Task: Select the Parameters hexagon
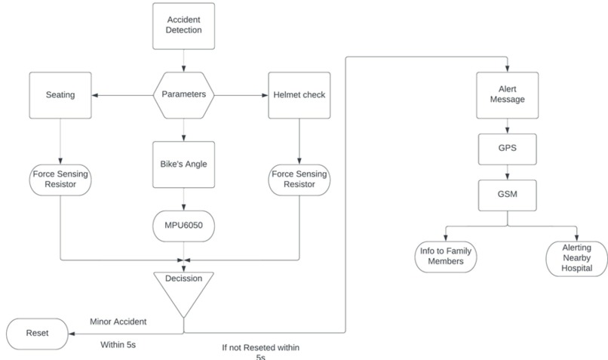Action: (184, 95)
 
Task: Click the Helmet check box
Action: (299, 95)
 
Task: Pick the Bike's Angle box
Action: (184, 163)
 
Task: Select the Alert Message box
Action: (507, 95)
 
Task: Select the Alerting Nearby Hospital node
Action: (576, 257)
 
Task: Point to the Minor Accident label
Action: (118, 321)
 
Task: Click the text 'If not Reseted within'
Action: (260, 347)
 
